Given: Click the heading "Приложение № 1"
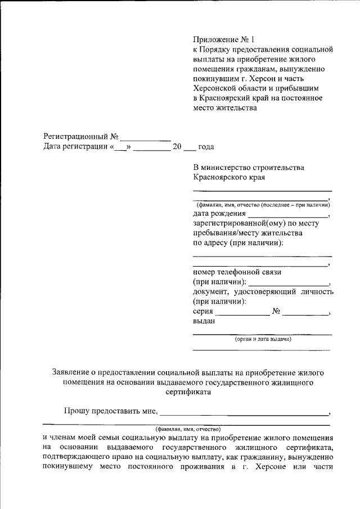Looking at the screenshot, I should pos(224,39).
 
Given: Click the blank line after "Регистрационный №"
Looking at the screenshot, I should pos(146,138).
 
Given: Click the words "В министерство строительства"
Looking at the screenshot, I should pos(248,168).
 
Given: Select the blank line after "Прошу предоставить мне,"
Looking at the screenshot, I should pos(244,413).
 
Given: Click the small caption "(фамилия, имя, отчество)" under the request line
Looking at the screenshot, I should pos(188,429).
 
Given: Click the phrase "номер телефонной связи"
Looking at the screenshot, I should pos(237,272).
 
